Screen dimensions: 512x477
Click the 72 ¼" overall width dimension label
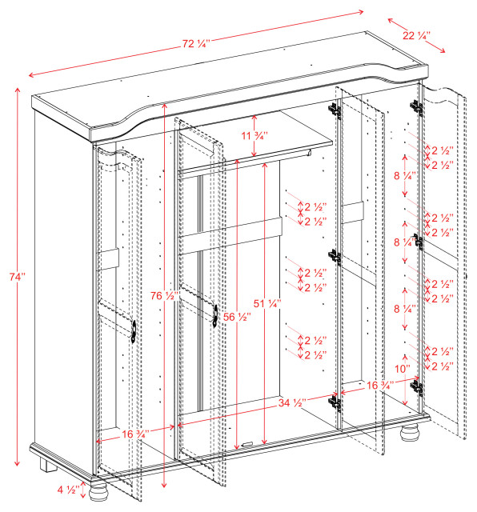coord(194,45)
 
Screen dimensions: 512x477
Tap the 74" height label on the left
coord(18,276)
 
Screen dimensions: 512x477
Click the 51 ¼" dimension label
coord(267,303)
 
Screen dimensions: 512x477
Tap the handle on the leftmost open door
coord(132,330)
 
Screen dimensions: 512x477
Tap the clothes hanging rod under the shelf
coord(240,161)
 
